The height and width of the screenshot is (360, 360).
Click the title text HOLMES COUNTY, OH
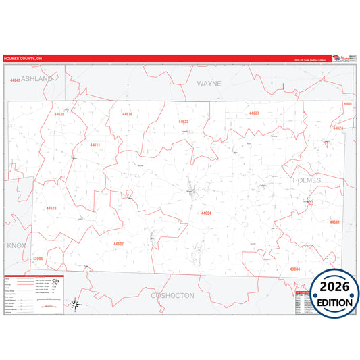coord(22,59)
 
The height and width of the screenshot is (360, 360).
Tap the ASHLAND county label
coord(36,79)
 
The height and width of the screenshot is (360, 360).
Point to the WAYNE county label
coord(209,84)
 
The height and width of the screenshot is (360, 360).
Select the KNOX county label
coord(16,245)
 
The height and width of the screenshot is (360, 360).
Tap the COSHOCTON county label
coord(172,295)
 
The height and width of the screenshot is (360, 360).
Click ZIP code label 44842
coord(15,80)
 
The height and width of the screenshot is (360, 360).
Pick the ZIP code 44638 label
coord(59,114)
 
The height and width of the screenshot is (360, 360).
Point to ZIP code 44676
coord(127,114)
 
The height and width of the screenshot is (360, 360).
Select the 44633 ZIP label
coord(184,122)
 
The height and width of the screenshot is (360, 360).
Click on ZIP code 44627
coord(254,113)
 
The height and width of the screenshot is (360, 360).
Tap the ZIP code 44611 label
coord(95,145)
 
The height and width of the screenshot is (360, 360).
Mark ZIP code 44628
coord(51,208)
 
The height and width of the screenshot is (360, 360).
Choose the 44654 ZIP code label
coord(206,213)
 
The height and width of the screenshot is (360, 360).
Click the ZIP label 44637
coord(118,244)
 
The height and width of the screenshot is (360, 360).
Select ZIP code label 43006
coord(38,258)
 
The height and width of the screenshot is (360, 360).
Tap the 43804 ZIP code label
coord(294,269)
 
